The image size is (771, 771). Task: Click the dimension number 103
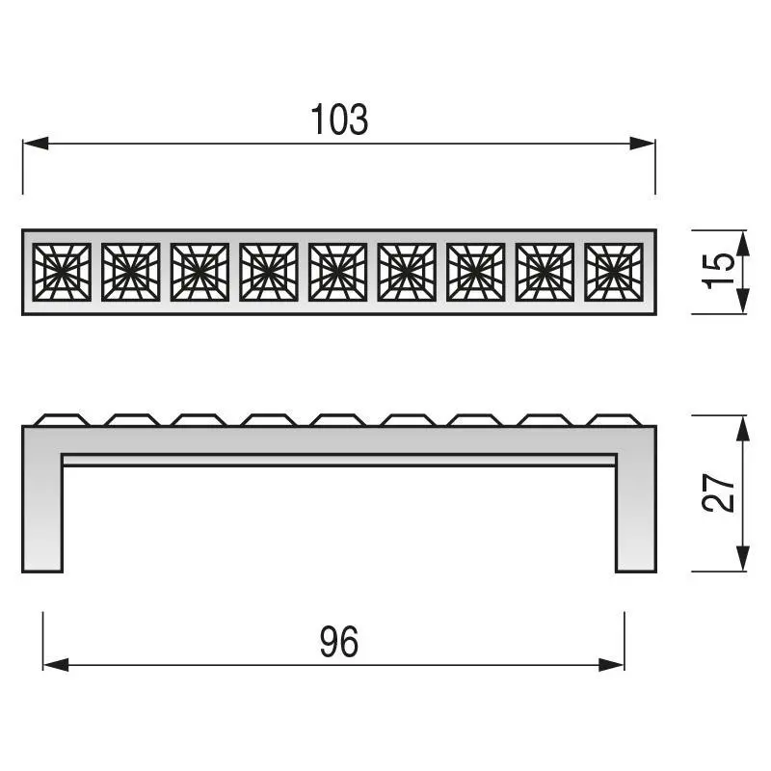[339, 120]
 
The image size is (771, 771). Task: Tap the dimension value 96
[339, 642]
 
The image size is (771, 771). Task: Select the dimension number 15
[718, 271]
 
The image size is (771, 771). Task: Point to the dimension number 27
[718, 493]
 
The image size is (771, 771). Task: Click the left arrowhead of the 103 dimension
[36, 144]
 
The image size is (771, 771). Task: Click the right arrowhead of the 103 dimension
[642, 144]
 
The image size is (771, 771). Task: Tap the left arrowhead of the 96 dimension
[56, 665]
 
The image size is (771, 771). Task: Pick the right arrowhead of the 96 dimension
[612, 665]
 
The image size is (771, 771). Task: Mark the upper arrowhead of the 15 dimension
[743, 243]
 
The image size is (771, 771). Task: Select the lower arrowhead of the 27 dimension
[743, 559]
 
